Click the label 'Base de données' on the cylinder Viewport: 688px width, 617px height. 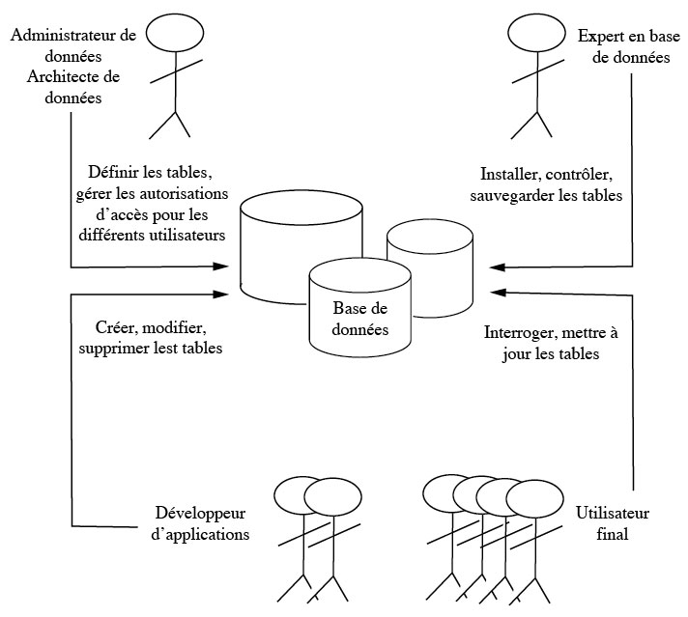pyautogui.click(x=358, y=319)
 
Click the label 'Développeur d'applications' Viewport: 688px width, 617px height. pyautogui.click(x=201, y=522)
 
